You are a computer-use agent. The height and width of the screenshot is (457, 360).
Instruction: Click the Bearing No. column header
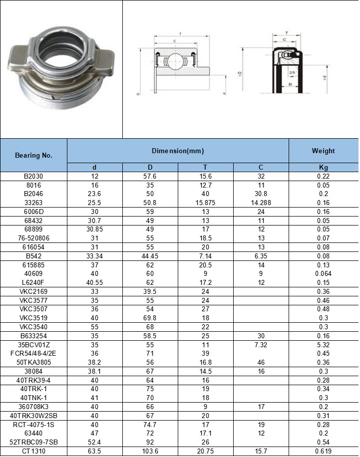click(x=33, y=155)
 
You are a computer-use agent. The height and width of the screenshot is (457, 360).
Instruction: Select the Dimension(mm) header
click(x=178, y=151)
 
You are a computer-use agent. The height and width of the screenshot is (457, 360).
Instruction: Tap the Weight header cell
click(x=323, y=151)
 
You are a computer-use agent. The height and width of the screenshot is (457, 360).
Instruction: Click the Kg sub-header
click(x=323, y=167)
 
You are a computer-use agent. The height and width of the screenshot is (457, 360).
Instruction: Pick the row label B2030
click(x=33, y=176)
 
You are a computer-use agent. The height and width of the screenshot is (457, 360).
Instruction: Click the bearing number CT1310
click(x=33, y=452)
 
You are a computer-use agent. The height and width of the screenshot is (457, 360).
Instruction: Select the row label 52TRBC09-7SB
click(x=33, y=443)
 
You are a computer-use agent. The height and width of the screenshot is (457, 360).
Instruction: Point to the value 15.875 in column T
click(x=205, y=203)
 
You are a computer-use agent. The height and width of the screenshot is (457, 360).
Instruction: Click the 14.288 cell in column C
click(x=261, y=203)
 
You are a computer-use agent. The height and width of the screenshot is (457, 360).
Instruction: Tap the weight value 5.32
click(x=323, y=345)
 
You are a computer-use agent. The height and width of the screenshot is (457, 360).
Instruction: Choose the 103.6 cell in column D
click(x=150, y=452)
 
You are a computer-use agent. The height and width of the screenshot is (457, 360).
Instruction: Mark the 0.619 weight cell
click(x=323, y=452)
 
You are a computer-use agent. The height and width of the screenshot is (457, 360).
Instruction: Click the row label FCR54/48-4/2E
click(x=33, y=353)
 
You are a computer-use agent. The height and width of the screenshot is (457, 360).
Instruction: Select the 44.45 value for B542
click(x=150, y=256)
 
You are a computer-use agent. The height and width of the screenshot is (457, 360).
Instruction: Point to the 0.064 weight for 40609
click(x=323, y=273)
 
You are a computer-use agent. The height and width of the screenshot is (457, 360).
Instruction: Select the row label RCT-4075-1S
click(x=33, y=425)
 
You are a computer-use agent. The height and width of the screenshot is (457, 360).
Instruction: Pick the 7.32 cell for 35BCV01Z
click(x=261, y=345)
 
